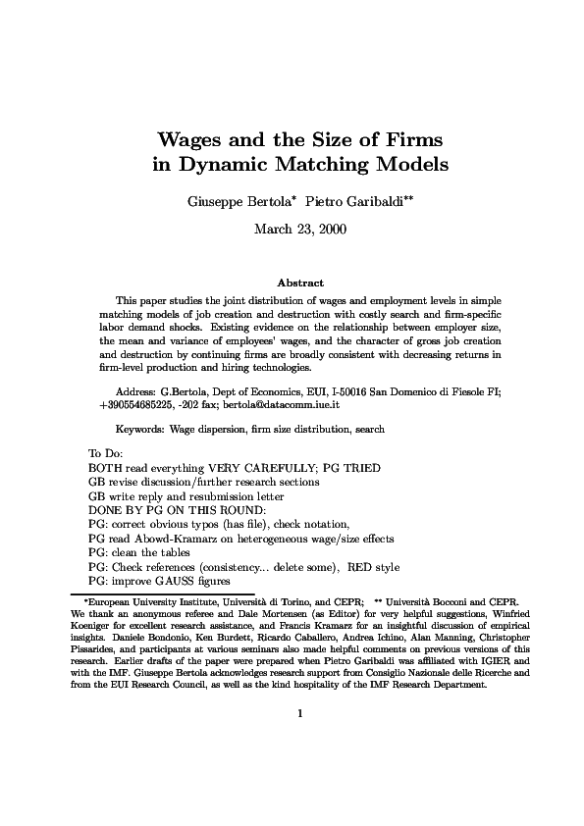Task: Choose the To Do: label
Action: pos(103,453)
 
